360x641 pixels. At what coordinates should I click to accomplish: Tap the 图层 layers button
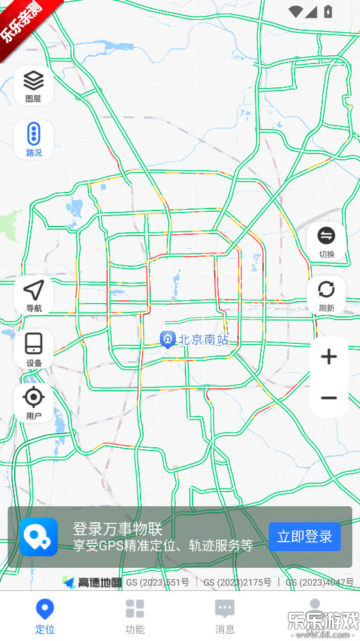[x=33, y=85]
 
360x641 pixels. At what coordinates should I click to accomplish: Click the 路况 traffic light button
[x=33, y=139]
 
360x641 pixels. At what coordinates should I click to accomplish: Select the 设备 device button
[x=33, y=350]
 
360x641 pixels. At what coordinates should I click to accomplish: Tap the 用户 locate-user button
[x=33, y=403]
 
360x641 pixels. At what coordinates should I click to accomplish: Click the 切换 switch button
[x=327, y=242]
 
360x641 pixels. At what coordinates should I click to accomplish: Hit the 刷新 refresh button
[x=327, y=295]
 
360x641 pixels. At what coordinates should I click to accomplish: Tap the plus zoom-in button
[x=329, y=357]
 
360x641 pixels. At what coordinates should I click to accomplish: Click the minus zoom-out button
[x=329, y=398]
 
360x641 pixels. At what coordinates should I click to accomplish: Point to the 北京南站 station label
[x=203, y=339]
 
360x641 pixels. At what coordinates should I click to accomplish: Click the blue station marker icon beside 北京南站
[x=167, y=339]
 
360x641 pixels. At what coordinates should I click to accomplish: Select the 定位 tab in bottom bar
[x=45, y=616]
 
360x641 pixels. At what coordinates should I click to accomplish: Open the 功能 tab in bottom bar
[x=135, y=616]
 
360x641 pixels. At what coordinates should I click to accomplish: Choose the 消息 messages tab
[x=225, y=616]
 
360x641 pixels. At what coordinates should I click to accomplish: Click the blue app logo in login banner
[x=39, y=537]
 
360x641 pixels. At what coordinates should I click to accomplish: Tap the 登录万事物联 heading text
[x=117, y=529]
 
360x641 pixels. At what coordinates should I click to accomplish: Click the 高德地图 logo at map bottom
[x=92, y=582]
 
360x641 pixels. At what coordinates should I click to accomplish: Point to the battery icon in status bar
[x=329, y=12]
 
